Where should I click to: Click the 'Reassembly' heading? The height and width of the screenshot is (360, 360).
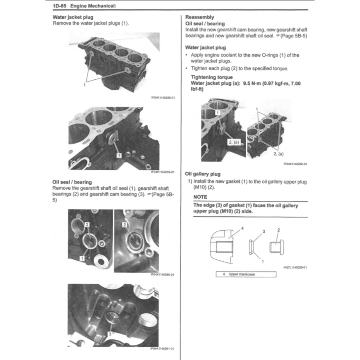[200, 17]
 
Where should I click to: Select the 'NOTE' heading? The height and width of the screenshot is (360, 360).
[200, 197]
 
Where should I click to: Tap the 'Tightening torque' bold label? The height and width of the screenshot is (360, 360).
[211, 77]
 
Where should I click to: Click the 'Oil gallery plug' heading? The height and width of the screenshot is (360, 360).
[203, 174]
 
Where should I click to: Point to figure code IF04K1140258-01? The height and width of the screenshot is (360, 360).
[162, 98]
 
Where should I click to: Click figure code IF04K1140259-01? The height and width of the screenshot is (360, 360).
[162, 172]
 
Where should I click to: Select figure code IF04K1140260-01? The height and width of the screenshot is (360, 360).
[162, 274]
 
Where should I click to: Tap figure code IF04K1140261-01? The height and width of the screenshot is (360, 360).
[162, 349]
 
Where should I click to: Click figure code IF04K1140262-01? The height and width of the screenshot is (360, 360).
[295, 164]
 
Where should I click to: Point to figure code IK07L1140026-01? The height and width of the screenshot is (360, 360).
[295, 268]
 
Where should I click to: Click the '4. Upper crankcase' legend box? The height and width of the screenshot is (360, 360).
[246, 274]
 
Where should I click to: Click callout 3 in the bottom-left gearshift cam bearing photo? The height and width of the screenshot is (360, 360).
[110, 334]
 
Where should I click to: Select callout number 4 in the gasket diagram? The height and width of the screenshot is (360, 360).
[242, 228]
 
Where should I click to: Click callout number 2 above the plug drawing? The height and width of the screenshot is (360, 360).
[278, 230]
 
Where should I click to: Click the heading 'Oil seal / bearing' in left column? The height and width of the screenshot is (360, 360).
[72, 182]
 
